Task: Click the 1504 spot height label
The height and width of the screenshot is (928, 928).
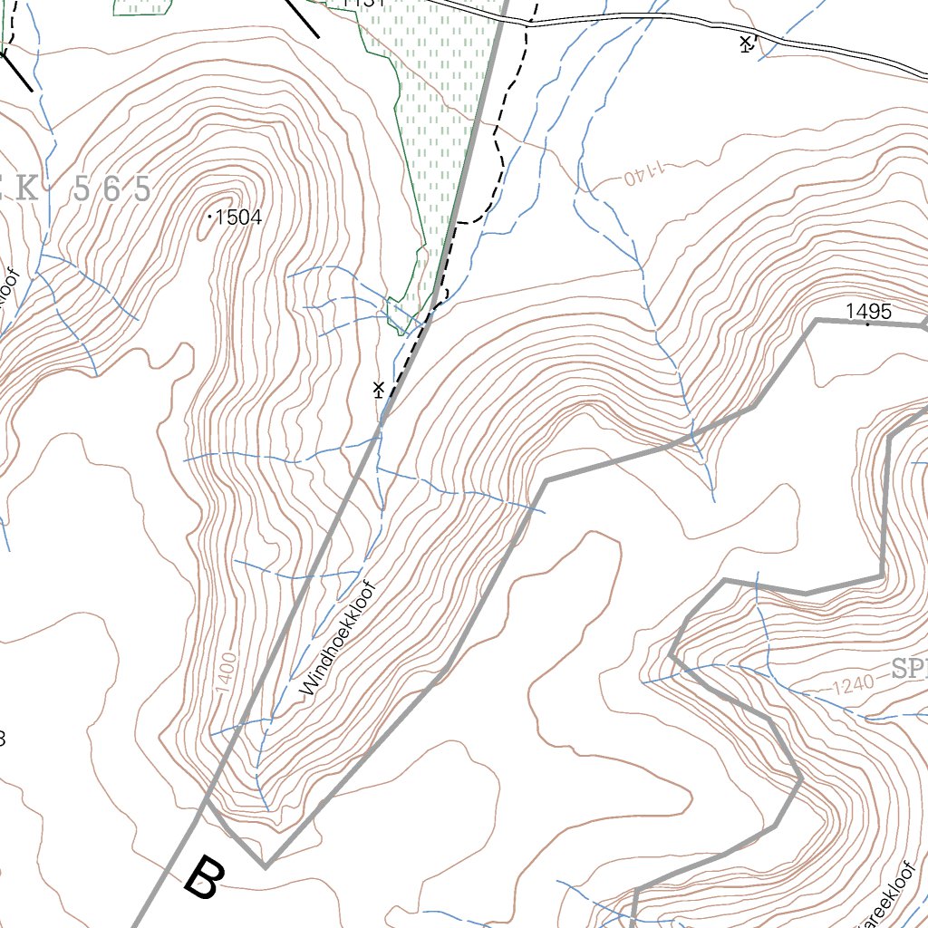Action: coord(239,217)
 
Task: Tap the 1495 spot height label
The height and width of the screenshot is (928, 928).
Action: coord(868,312)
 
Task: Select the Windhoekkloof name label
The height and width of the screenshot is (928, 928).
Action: coord(338,640)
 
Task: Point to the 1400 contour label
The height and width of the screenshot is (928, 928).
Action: coord(227,673)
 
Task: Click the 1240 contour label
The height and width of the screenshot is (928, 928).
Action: coord(853,685)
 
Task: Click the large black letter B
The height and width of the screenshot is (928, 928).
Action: coord(203,877)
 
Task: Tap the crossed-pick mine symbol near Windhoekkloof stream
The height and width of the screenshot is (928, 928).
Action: coord(379,390)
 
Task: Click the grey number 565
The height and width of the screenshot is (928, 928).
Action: coord(111,189)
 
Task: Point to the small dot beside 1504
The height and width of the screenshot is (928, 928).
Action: coord(210,217)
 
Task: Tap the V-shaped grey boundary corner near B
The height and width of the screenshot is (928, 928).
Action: coord(266,866)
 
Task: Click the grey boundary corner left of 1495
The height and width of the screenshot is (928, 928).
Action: coord(816,320)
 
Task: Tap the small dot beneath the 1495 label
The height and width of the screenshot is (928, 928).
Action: coord(868,324)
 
